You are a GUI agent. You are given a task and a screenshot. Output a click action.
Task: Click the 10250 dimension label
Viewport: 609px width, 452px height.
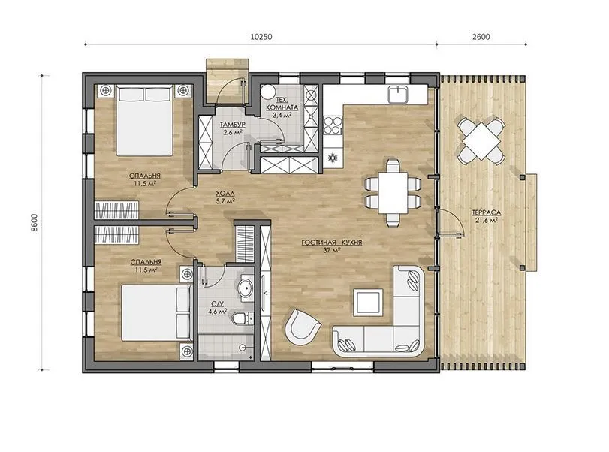coord(261,37)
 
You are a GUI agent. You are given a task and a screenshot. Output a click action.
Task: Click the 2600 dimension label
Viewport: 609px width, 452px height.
coord(481,37)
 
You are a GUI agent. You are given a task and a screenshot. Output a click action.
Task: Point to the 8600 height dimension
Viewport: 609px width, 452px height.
coord(35,222)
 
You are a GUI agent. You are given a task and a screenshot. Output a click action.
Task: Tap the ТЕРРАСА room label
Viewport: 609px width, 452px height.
coord(487,212)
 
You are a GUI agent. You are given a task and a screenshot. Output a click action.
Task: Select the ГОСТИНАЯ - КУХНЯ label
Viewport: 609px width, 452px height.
coord(332,243)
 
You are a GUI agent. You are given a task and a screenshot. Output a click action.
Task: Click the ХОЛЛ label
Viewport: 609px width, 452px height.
coord(225,194)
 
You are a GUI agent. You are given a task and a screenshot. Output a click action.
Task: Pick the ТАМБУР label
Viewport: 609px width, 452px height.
coord(232,125)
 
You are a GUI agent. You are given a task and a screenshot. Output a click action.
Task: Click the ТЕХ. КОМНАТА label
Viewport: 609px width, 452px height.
coord(282,104)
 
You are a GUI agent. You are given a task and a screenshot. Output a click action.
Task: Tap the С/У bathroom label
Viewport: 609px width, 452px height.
coord(217,303)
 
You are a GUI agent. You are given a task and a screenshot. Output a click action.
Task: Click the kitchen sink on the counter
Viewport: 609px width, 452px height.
coord(398,94)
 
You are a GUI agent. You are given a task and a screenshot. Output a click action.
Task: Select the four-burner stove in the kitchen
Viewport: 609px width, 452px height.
coord(333,125)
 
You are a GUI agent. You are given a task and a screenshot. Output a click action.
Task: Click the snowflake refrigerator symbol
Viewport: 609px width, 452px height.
coord(333,158)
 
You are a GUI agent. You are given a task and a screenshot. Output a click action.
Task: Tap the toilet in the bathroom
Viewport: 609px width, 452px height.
coord(243,319)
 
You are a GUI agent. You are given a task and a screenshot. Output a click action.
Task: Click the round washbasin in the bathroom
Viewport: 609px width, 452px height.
coord(245,288)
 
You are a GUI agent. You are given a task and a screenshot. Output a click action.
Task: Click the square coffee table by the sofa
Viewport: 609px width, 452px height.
coord(368,302)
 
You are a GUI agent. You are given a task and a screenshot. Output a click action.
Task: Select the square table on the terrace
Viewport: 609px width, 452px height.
coord(481,140)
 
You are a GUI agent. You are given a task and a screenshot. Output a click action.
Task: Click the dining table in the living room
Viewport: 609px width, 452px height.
coord(393,193)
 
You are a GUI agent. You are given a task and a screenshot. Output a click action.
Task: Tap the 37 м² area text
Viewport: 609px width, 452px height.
coord(332,250)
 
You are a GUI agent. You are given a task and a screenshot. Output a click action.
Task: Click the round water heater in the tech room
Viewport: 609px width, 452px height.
coord(268,93)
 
